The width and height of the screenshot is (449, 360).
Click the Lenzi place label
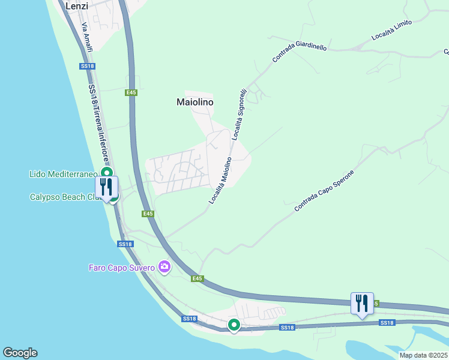(x=76, y=6)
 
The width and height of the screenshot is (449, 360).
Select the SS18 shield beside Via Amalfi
(x=87, y=66)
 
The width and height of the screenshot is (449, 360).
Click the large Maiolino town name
(x=195, y=102)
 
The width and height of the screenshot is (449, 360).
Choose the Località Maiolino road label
(x=220, y=181)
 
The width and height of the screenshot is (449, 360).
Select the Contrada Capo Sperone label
(x=324, y=191)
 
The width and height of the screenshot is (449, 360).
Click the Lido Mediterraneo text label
(x=64, y=174)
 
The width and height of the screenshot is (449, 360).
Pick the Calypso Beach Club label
(x=62, y=197)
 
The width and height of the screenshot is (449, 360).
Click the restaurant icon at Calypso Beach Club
(x=106, y=187)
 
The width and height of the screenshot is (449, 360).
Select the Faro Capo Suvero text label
(x=122, y=267)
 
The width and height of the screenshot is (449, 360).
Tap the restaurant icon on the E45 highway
(x=362, y=304)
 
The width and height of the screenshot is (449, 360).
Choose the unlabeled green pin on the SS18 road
(x=234, y=325)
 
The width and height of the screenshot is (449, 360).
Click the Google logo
(x=20, y=353)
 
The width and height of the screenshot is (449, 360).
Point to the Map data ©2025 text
(x=423, y=355)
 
